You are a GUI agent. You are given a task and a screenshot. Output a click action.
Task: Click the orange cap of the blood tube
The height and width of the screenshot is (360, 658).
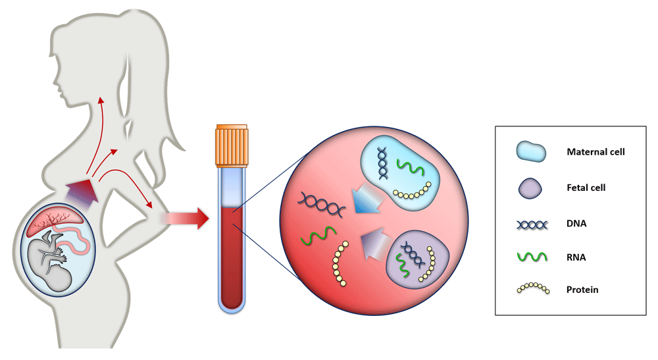pyautogui.click(x=231, y=144)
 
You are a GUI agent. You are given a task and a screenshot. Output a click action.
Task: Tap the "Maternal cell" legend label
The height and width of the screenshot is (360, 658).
pyautogui.click(x=595, y=152)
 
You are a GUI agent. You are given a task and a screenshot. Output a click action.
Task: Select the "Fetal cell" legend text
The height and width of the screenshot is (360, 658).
pyautogui.click(x=586, y=188)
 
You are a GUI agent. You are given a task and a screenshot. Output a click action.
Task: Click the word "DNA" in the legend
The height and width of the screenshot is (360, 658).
pyautogui.click(x=576, y=223)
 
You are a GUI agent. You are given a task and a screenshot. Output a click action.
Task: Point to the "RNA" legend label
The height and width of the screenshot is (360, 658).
pyautogui.click(x=576, y=258)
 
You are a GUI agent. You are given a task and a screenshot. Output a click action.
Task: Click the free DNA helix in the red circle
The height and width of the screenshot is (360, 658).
pyautogui.click(x=320, y=205)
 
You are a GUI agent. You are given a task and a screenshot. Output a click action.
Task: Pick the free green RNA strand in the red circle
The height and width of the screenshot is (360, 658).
pyautogui.click(x=316, y=235)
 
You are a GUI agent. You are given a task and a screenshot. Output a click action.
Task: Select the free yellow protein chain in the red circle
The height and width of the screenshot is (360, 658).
pyautogui.click(x=340, y=264)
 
